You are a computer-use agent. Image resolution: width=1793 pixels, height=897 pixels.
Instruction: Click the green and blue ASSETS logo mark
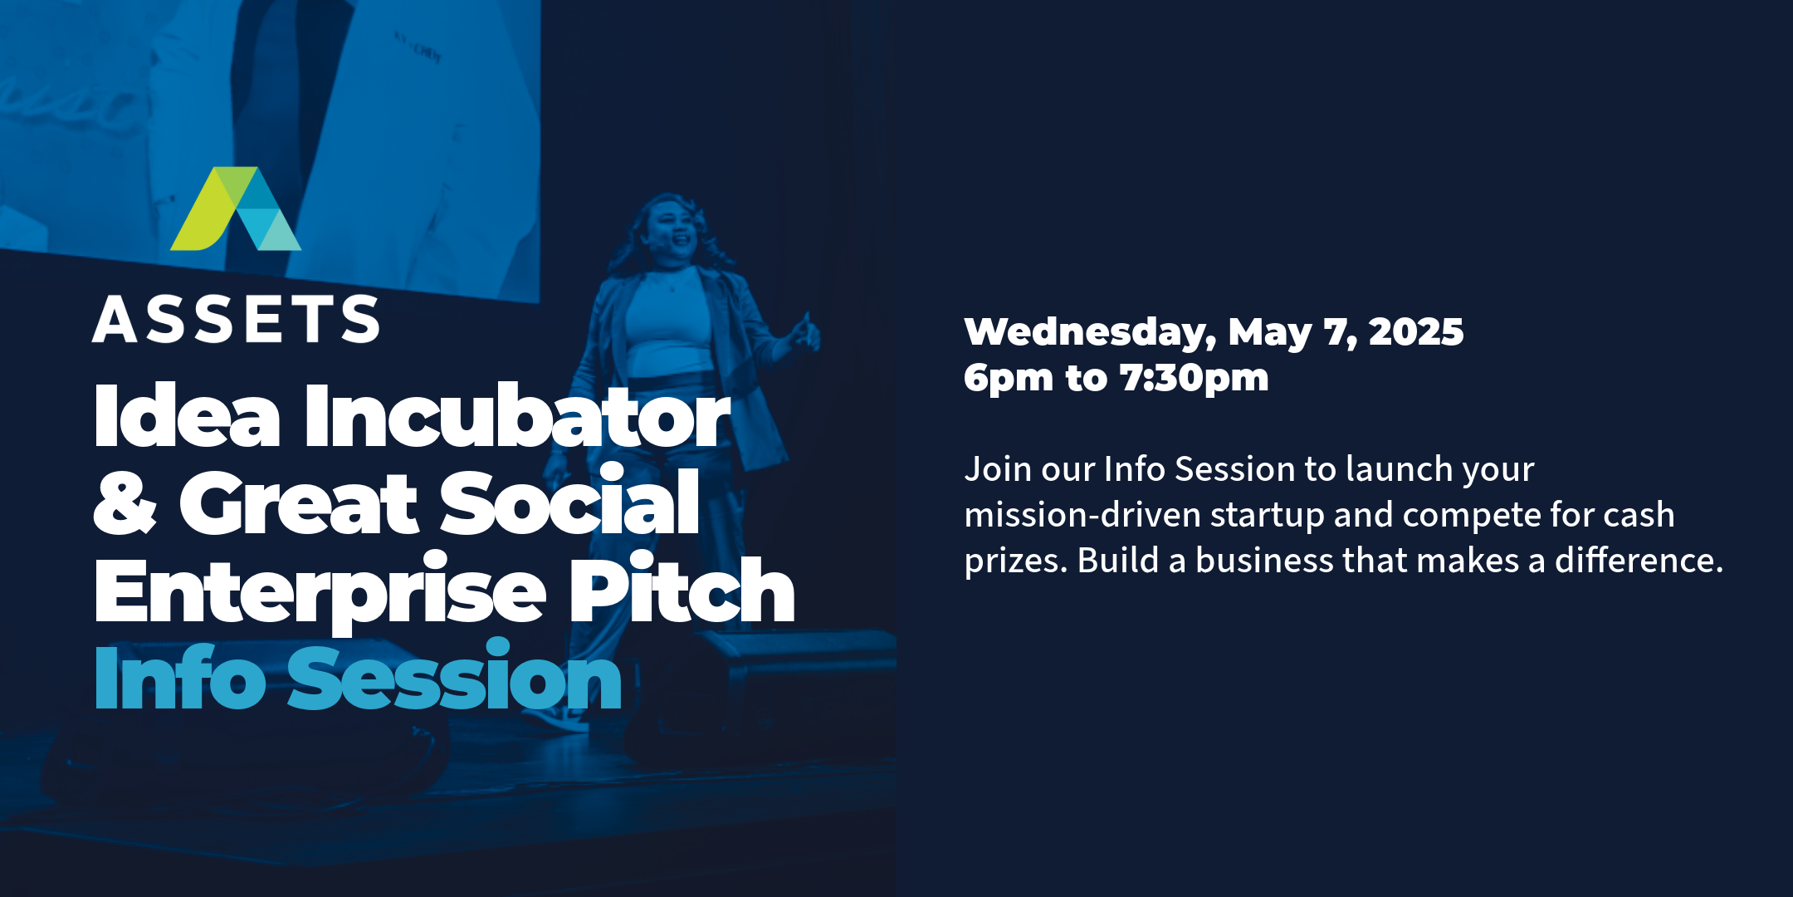tap(236, 208)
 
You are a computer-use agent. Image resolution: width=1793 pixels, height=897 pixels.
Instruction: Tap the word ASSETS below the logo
tap(237, 320)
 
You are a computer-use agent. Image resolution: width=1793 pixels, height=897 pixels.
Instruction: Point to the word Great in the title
tap(299, 502)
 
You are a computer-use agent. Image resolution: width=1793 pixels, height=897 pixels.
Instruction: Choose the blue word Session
tap(454, 675)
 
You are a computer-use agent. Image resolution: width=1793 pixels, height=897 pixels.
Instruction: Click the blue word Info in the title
tap(180, 675)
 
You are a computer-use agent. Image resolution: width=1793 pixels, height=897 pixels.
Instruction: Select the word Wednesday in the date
tap(1090, 334)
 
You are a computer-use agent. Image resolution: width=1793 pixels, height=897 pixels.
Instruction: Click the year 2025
tap(1416, 331)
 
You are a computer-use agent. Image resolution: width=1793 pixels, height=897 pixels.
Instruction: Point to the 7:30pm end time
tap(1195, 379)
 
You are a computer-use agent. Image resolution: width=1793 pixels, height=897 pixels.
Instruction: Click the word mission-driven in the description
tap(1082, 515)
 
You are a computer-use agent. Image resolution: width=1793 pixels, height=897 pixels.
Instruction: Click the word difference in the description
tap(1639, 560)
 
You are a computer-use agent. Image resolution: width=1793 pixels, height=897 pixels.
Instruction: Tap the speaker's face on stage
tap(672, 230)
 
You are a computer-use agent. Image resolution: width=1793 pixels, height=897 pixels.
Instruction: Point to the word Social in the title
tap(569, 502)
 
